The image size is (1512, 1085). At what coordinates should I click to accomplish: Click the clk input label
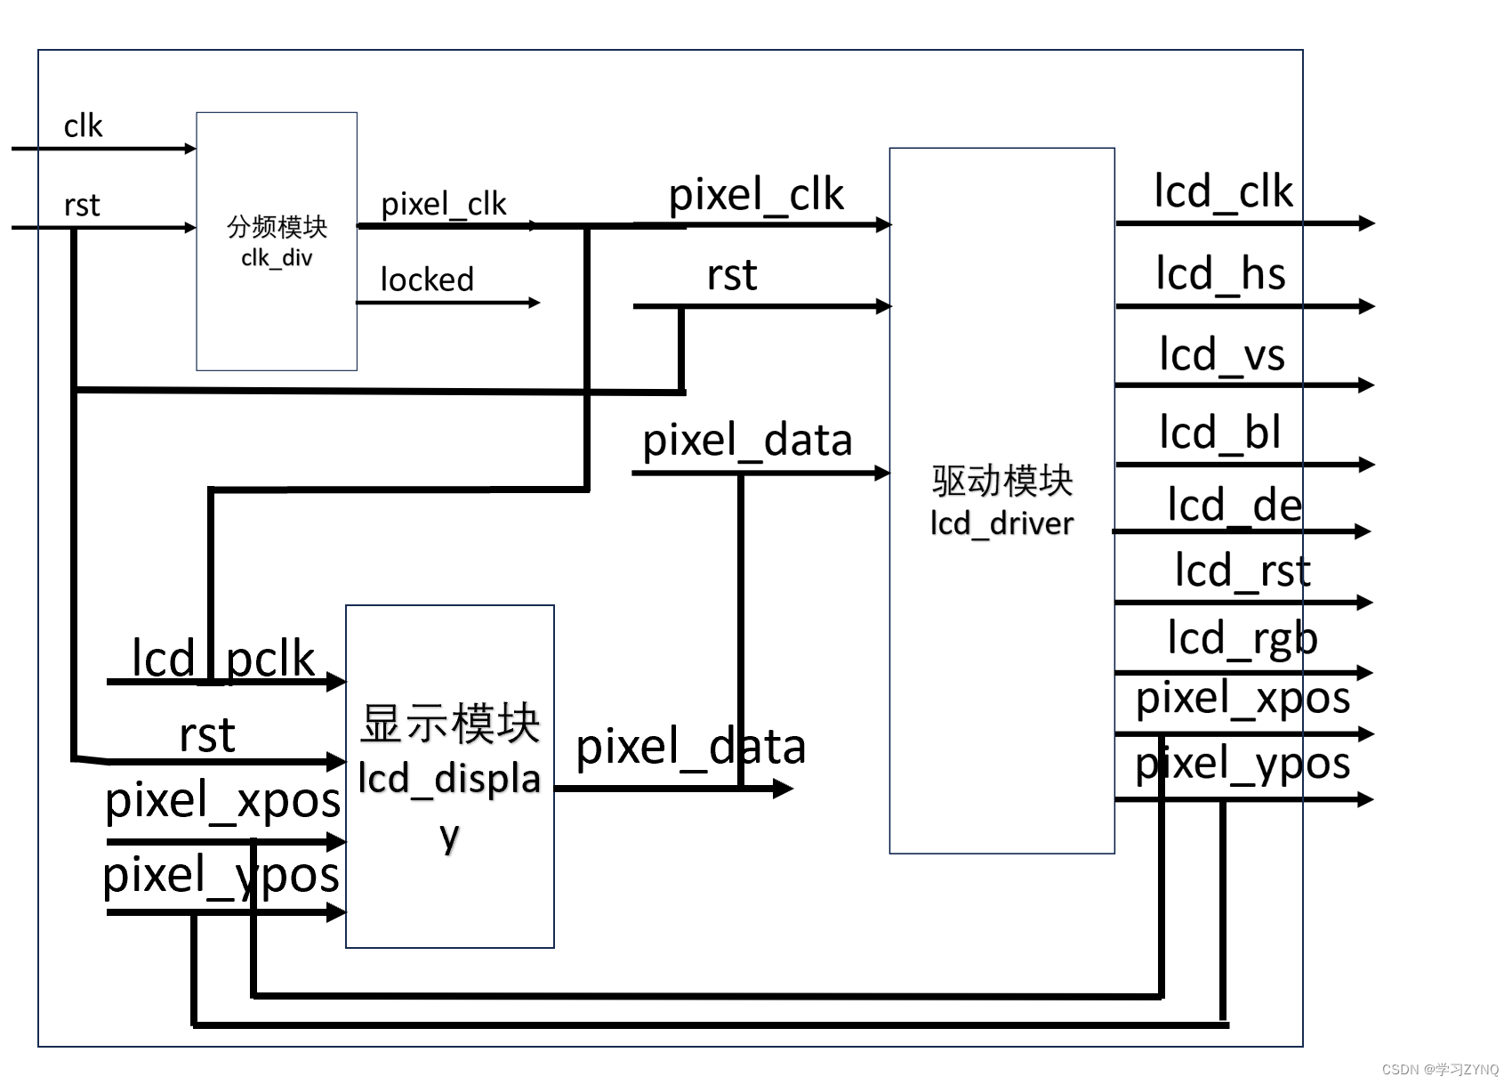pos(83,126)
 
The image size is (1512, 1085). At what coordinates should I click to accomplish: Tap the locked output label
pos(427,279)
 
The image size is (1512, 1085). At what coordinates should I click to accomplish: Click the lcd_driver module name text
pos(1001,523)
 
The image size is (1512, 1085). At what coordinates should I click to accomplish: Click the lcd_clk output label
pos(1223,192)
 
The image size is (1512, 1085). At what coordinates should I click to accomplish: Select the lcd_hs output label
pos(1220,273)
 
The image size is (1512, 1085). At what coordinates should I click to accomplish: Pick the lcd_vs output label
pos(1222,354)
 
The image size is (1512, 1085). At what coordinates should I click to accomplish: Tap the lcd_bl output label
pos(1219,433)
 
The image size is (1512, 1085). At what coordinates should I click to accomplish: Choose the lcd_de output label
pos(1234,506)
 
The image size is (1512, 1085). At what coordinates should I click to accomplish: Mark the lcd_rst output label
pos(1243,571)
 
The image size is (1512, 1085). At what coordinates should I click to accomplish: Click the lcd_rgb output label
pos(1242,639)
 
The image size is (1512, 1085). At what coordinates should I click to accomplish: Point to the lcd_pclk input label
pos(223,659)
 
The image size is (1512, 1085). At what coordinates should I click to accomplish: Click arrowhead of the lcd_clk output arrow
pos(1368,223)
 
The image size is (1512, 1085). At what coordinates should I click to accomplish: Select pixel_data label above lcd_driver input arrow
pos(747,441)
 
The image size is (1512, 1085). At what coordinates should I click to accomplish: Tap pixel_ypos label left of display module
pos(221,875)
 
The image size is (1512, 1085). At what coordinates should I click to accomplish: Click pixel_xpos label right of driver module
pos(1243,698)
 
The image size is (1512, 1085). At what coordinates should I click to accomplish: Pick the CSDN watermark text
pos(1440,1069)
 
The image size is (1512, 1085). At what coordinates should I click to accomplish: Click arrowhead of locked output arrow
pos(535,303)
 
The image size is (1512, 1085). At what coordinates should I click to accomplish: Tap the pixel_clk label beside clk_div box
pos(443,205)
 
